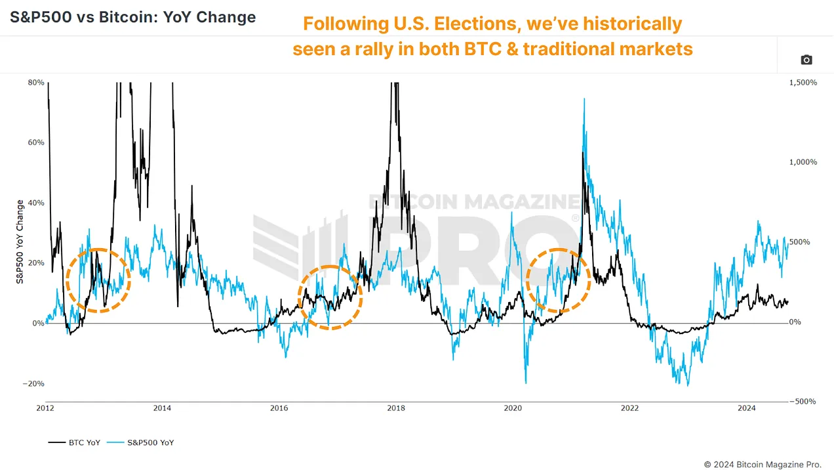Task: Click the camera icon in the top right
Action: [806, 60]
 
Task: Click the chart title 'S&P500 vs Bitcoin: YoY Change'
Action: [132, 17]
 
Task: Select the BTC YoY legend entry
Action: [74, 442]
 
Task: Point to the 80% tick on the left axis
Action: [36, 83]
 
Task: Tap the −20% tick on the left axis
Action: [33, 384]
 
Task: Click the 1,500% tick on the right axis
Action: [802, 83]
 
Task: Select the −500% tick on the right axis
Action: [803, 402]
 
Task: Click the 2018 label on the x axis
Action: [396, 408]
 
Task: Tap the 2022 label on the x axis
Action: [629, 408]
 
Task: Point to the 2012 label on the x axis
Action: [46, 408]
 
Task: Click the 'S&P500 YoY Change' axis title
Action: [20, 242]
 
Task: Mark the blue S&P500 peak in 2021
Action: [584, 100]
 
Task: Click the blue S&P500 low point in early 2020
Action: [526, 382]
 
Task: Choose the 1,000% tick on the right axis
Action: [802, 162]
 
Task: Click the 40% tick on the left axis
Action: [36, 203]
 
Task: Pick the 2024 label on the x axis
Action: [746, 408]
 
